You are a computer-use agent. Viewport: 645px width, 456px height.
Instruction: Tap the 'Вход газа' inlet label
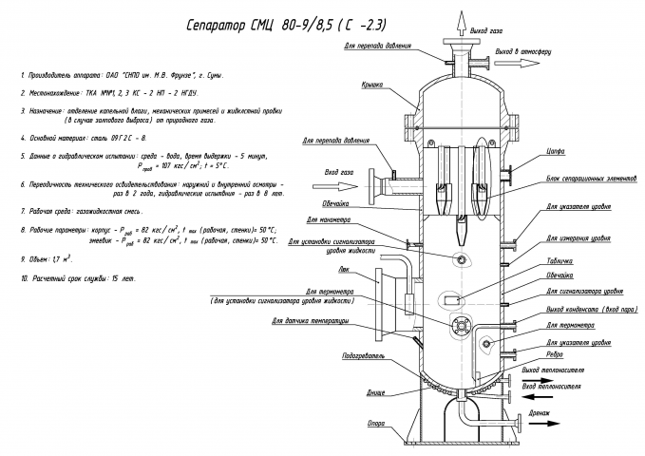click(338, 173)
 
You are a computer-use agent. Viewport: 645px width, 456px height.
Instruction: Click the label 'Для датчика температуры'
click(309, 321)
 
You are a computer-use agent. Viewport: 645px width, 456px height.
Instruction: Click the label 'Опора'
click(376, 423)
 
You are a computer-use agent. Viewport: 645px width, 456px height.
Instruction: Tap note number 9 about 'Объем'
click(47, 257)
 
